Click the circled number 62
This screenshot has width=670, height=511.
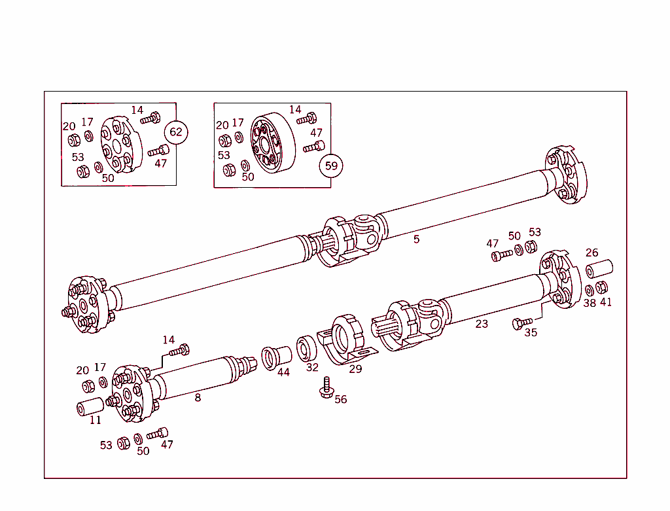175,132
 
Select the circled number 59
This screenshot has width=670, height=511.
331,166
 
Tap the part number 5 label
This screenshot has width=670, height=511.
416,239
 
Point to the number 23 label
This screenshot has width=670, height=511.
482,324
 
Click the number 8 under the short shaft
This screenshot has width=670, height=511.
198,397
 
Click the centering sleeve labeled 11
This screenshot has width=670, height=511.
90,406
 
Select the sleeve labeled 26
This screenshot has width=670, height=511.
599,269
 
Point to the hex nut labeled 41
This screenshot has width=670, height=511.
602,287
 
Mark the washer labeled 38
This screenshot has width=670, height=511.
589,289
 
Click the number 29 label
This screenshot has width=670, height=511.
355,369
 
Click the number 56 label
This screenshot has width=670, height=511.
341,399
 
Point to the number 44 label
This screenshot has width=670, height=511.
283,372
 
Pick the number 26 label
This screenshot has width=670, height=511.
591,253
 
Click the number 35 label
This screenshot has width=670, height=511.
531,332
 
